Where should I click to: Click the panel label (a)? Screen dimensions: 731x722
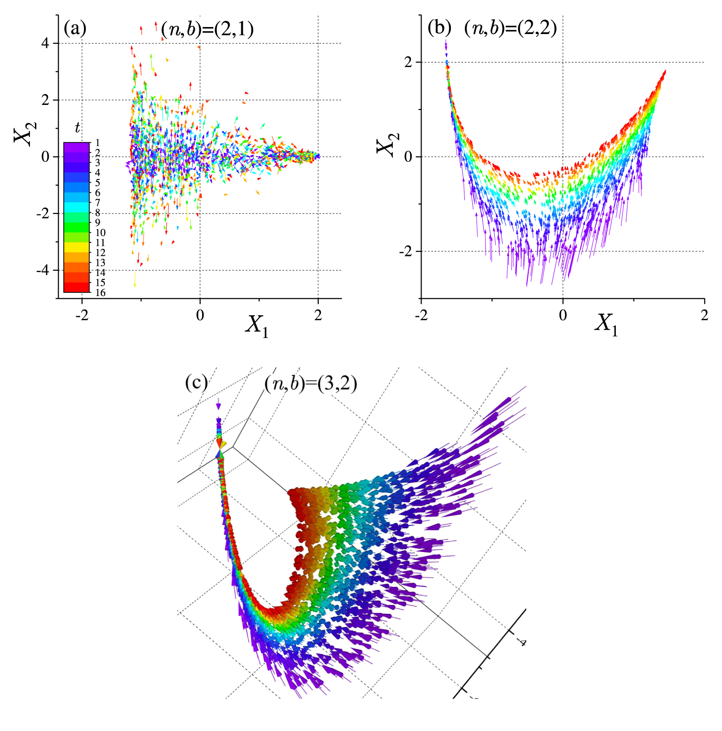75,29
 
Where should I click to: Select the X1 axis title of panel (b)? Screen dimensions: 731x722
606,323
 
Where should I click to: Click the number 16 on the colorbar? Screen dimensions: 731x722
100,293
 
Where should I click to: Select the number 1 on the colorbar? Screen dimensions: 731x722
97,143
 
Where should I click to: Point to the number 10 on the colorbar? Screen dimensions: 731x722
100,233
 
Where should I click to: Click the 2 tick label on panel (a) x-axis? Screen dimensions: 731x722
318,316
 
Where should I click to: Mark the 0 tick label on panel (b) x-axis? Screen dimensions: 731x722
563,316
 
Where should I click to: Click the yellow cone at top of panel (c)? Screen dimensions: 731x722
224,444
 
